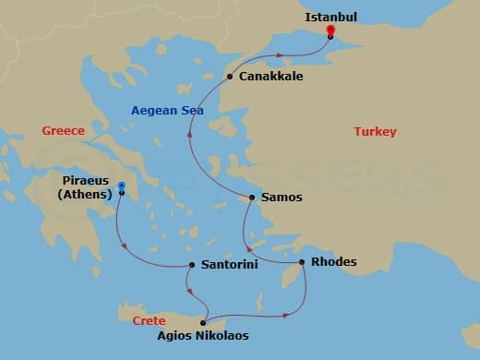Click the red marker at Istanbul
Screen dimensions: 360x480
330,31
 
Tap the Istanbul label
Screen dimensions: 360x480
330,17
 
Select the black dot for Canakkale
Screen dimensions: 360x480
230,77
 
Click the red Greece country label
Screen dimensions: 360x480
63,131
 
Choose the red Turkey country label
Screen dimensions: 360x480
375,132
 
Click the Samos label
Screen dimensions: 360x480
282,198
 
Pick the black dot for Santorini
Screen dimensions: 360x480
192,266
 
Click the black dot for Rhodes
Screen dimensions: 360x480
301,262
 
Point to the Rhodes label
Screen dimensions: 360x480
334,262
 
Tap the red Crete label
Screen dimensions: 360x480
135,320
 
